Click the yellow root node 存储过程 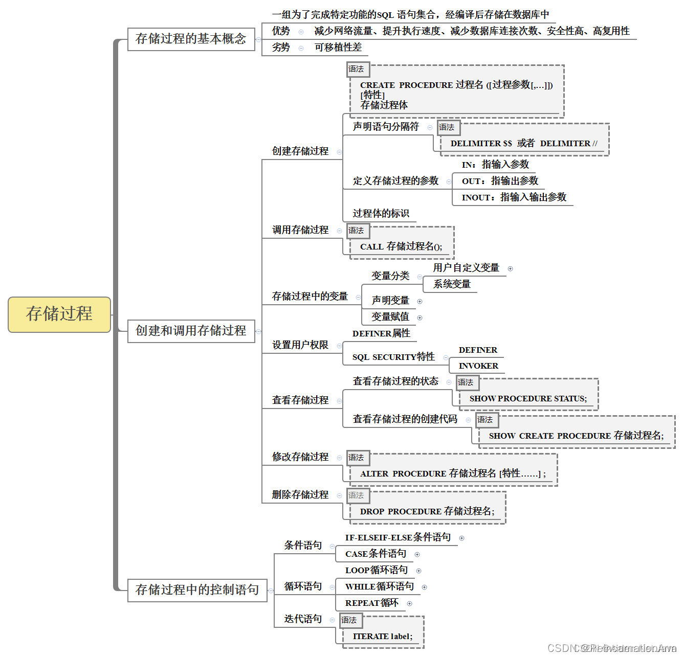pyautogui.click(x=59, y=314)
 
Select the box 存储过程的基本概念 pyautogui.click(x=191, y=39)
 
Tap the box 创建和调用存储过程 pyautogui.click(x=191, y=331)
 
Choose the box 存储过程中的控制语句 pyautogui.click(x=197, y=590)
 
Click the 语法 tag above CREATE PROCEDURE pyautogui.click(x=357, y=69)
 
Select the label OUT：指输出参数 pyautogui.click(x=500, y=181)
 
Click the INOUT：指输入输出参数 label pyautogui.click(x=514, y=197)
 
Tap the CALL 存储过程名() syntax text pyautogui.click(x=401, y=246)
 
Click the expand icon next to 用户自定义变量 pyautogui.click(x=510, y=268)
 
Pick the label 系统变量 pyautogui.click(x=452, y=284)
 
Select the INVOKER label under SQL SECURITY pyautogui.click(x=478, y=366)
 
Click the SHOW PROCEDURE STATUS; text pyautogui.click(x=528, y=399)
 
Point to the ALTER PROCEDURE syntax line pyautogui.click(x=453, y=474)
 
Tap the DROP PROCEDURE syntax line pyautogui.click(x=427, y=511)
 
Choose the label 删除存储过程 pyautogui.click(x=300, y=495)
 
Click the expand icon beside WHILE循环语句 pyautogui.click(x=424, y=587)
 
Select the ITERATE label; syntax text pyautogui.click(x=383, y=637)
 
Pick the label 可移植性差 pyautogui.click(x=338, y=48)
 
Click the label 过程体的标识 pyautogui.click(x=381, y=214)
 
